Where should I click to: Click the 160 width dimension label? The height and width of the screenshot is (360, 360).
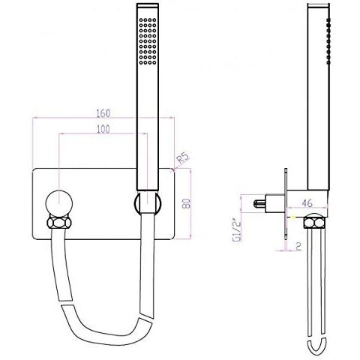[x=103, y=113]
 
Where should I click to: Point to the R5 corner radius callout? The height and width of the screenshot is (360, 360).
[x=181, y=159]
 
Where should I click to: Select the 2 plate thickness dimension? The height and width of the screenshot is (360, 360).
[x=298, y=244]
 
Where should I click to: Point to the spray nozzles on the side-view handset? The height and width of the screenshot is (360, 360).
[x=328, y=37]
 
